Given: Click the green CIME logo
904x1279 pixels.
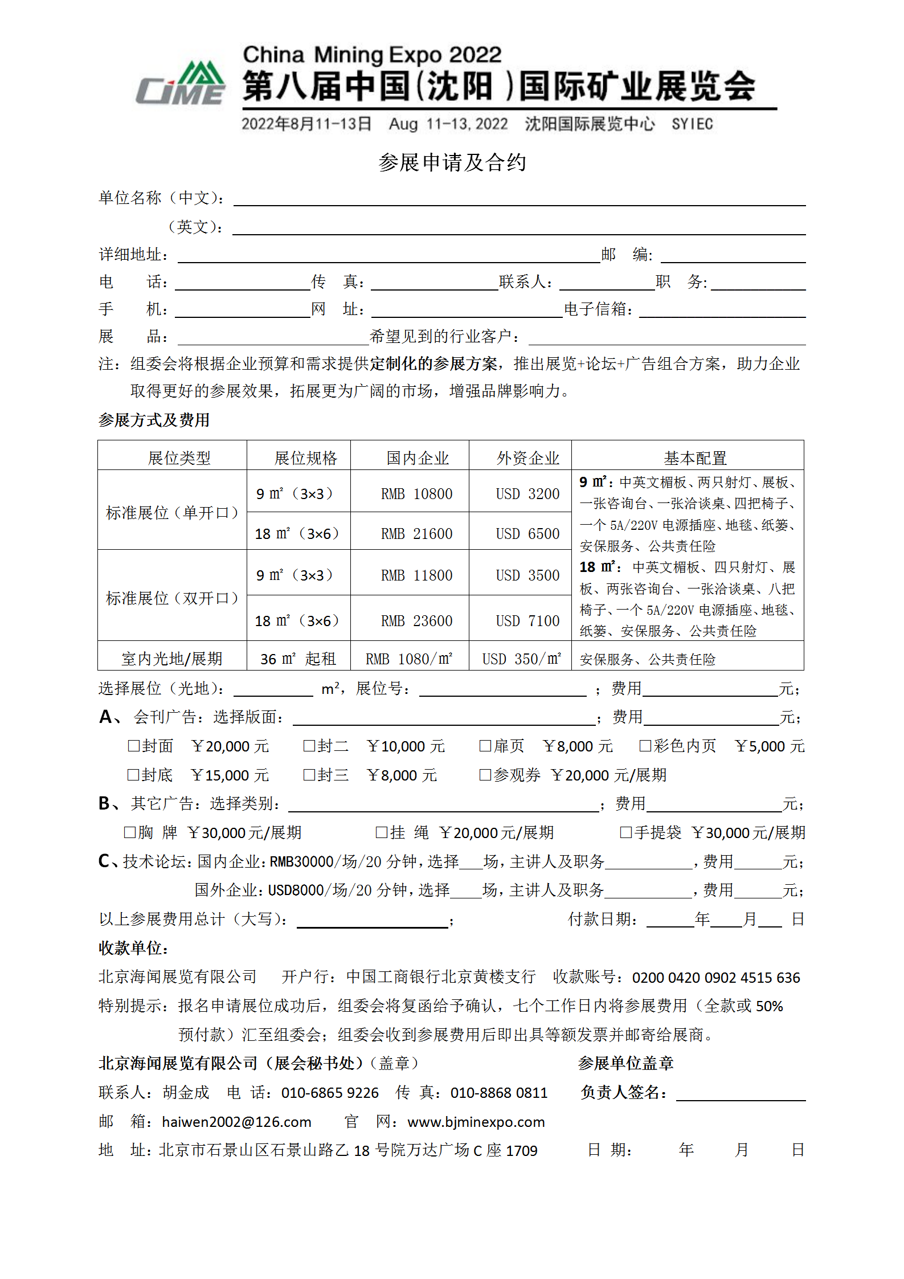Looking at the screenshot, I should (x=181, y=84).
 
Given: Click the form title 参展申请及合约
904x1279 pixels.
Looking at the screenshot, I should (x=452, y=163).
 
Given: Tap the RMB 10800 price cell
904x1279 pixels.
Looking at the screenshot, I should (x=416, y=494).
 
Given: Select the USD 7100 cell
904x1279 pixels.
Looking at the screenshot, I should (x=527, y=621).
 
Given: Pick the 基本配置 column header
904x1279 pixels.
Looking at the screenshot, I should (x=695, y=458).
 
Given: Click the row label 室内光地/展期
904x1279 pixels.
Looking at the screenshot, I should (x=171, y=659).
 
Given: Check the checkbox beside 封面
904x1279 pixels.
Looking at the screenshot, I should (x=134, y=746).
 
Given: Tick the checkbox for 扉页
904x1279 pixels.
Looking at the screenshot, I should (x=485, y=746).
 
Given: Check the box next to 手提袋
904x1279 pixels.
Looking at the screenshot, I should (x=626, y=832).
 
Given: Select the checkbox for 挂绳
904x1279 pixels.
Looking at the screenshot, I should (x=382, y=832).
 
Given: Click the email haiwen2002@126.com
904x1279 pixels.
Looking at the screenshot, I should (x=236, y=1122).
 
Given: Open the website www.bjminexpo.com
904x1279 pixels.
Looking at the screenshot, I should (x=476, y=1122).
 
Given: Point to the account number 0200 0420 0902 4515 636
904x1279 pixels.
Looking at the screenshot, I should (x=716, y=978).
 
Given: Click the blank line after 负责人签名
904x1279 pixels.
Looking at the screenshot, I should (x=741, y=1093).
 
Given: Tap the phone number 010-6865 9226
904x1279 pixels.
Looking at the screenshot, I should (x=330, y=1093).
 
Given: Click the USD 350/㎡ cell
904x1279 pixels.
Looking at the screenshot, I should (x=521, y=659).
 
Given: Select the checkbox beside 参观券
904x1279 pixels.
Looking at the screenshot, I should (x=485, y=775).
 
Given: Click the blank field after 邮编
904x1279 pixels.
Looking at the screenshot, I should (x=733, y=255).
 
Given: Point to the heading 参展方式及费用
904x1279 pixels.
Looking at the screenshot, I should (x=154, y=420).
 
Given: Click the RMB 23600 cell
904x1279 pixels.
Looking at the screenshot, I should (x=416, y=621).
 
